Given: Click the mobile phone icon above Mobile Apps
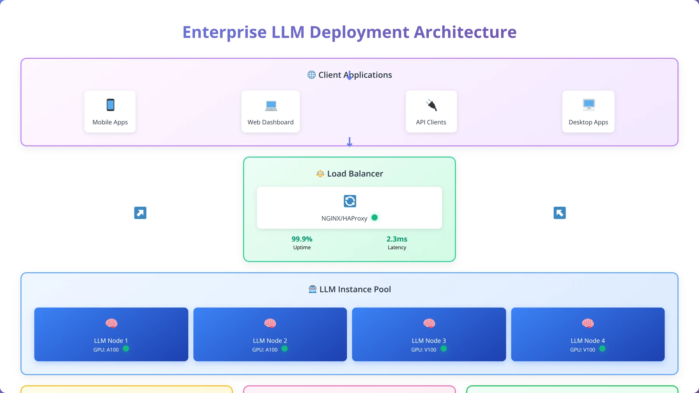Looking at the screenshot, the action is (110, 105).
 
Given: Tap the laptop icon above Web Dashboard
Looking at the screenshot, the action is (271, 106).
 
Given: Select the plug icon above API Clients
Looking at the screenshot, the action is (431, 105).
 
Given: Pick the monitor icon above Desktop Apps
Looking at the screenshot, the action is (589, 104).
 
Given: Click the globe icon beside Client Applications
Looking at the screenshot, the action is (311, 75).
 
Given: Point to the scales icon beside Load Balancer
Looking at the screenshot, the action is (320, 174).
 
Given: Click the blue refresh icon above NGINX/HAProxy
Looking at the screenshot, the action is (350, 201).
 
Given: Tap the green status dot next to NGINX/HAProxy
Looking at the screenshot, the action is (374, 217).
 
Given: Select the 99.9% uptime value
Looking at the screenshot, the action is (302, 239).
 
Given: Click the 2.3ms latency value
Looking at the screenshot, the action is (397, 239).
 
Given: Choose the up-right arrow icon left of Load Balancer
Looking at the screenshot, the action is (140, 213).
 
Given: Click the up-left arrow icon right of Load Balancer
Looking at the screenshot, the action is (560, 213).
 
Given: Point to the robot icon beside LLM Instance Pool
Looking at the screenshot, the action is (313, 289).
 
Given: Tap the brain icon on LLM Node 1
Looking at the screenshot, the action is (111, 323).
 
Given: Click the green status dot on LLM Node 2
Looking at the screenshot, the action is (284, 349).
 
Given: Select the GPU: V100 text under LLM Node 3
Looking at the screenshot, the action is (424, 350).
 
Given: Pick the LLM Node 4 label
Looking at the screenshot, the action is (588, 341).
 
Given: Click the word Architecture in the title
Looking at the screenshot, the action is (465, 32).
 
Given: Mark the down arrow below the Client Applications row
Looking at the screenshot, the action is (349, 142).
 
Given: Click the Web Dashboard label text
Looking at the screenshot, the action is (271, 122).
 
